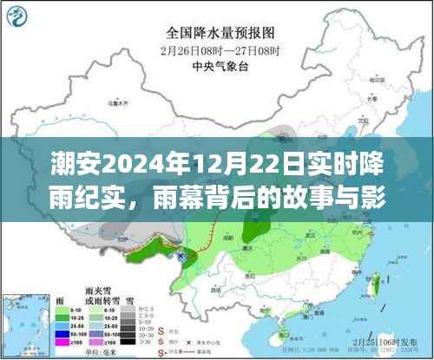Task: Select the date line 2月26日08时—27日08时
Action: point(218,49)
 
